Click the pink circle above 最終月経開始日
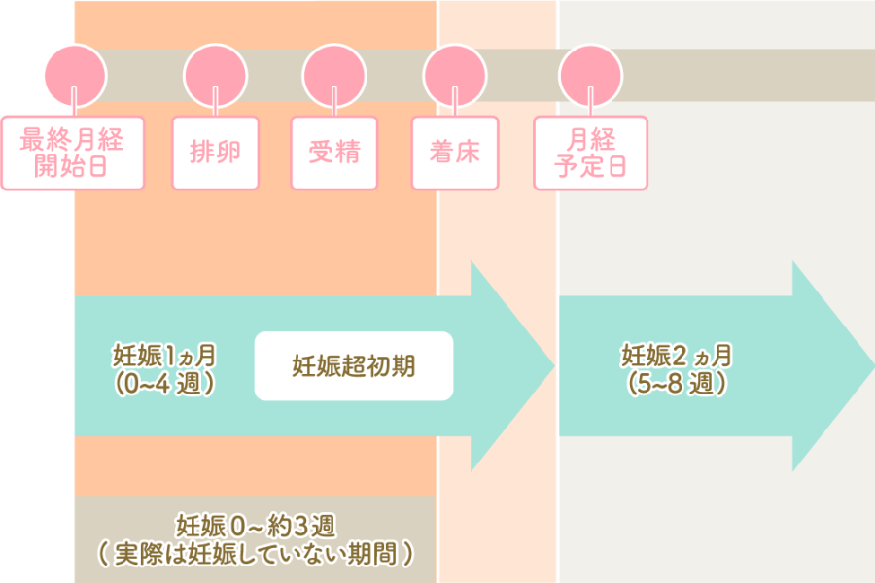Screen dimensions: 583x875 click(x=76, y=75)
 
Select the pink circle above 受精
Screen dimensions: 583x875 click(x=334, y=75)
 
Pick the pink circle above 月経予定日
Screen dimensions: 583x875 click(x=590, y=75)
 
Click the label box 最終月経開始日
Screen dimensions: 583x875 click(x=73, y=153)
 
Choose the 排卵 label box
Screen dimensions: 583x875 click(x=216, y=153)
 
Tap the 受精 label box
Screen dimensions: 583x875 click(x=334, y=153)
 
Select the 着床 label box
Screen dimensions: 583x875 click(x=455, y=153)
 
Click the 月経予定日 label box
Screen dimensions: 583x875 click(x=590, y=153)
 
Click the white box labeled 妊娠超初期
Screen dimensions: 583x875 click(x=354, y=366)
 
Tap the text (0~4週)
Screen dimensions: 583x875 click(x=163, y=383)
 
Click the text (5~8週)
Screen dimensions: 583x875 click(x=677, y=383)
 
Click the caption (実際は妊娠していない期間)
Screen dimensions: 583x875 click(x=256, y=554)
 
